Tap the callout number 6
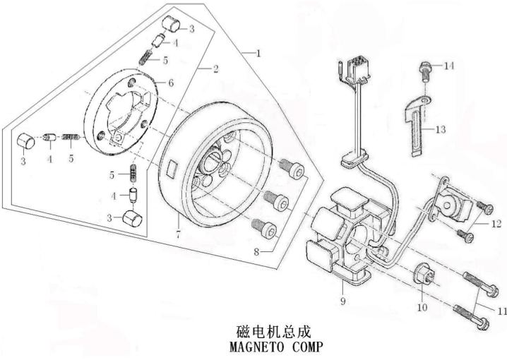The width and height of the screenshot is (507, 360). (x=170, y=83)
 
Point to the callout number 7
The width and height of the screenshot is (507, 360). (x=178, y=234)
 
